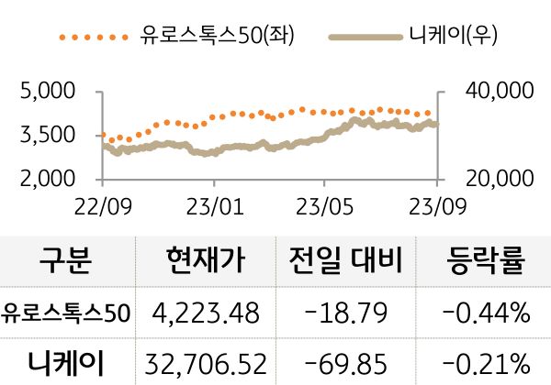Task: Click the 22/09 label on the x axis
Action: point(102,203)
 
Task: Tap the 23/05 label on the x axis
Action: point(325,203)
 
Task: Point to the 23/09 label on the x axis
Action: point(435,203)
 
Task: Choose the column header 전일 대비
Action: point(345,263)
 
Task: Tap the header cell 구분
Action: point(66,263)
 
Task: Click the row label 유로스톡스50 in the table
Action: point(67,313)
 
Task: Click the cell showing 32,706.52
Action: point(206,363)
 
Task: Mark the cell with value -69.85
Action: point(345,363)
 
